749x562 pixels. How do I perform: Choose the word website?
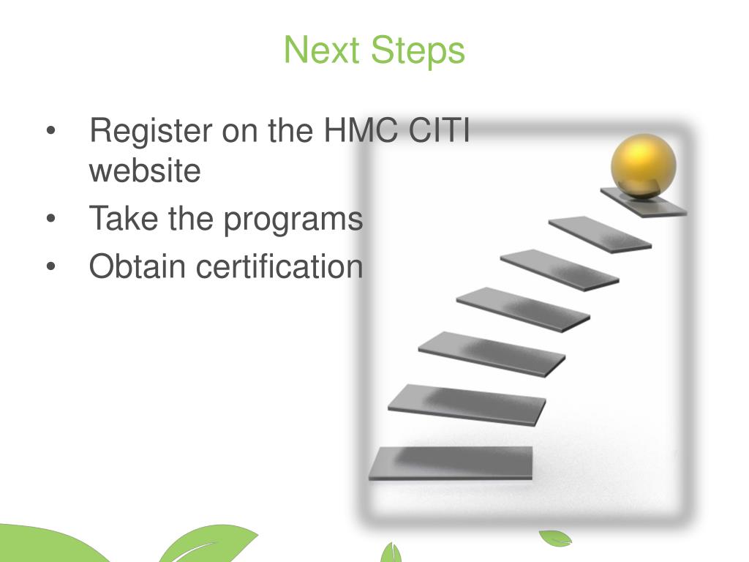coord(145,171)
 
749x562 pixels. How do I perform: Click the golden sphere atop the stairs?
coord(644,165)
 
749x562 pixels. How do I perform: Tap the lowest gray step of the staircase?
coord(451,462)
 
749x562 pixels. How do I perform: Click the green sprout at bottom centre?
coord(391,552)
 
